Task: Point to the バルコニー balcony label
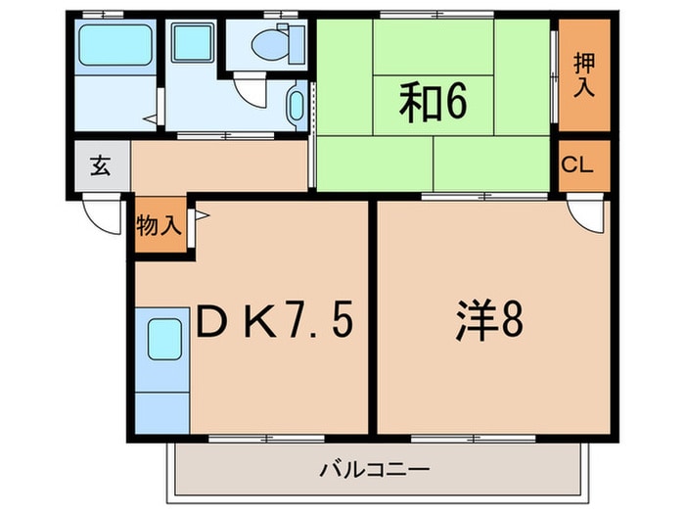point(375,470)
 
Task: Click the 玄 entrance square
point(100,165)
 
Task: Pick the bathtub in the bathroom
point(114,43)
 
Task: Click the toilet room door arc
point(252,91)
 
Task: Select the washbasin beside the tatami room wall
point(297,106)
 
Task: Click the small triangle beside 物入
point(200,214)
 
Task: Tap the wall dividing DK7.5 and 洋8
point(372,318)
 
